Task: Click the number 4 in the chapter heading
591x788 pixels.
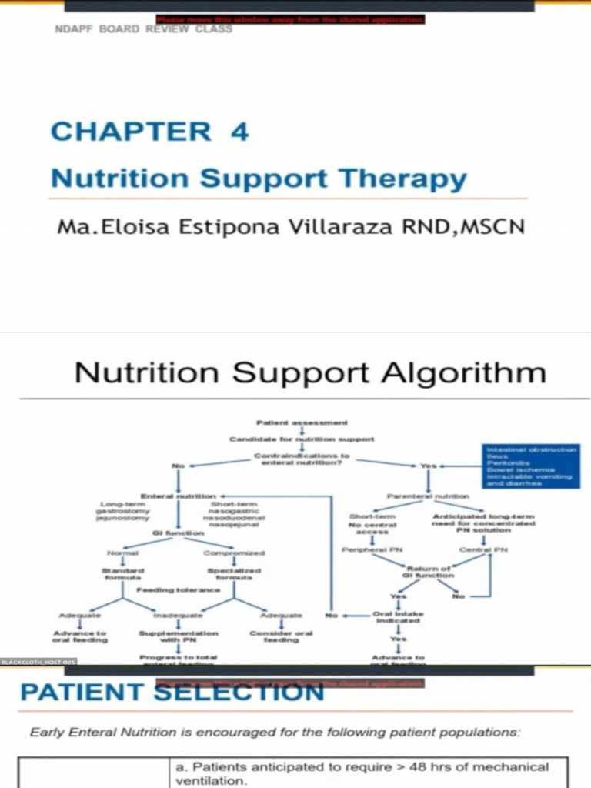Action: [x=239, y=131]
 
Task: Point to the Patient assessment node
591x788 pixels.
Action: [x=302, y=422]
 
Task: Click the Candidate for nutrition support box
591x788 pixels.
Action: [x=302, y=439]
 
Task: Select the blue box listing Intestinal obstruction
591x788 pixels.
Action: [x=530, y=466]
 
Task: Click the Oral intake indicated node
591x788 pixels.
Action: [x=398, y=616]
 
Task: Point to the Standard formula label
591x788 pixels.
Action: [x=122, y=573]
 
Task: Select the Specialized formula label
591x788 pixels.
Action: [x=234, y=573]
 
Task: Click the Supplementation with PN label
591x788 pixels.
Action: [x=179, y=636]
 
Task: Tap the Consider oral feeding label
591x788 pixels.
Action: [x=282, y=636]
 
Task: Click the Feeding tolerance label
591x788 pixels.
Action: [x=179, y=590]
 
